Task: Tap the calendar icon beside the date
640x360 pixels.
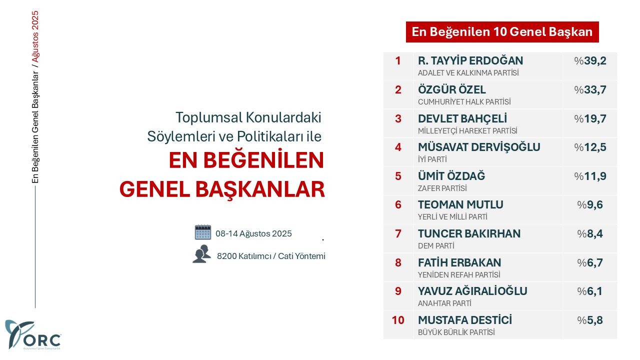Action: [203, 232]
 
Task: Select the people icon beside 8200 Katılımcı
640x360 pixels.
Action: [201, 254]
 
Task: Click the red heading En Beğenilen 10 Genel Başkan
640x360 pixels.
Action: [502, 31]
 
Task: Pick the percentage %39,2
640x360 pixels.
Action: [590, 61]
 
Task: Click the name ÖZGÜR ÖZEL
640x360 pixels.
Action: [451, 89]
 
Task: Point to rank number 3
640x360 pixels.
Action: [398, 118]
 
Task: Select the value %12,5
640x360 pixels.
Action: [590, 147]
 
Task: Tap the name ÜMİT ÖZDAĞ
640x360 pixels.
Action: [451, 176]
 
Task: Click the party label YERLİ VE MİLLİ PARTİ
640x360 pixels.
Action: [452, 217]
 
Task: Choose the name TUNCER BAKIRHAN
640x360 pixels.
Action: [469, 233]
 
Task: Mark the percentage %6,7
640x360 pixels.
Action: [590, 262]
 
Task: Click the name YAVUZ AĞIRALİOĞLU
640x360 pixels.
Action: [472, 291]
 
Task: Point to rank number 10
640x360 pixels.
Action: [398, 320]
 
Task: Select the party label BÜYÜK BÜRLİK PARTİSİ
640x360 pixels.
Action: [457, 332]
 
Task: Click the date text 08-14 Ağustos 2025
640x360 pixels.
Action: [253, 233]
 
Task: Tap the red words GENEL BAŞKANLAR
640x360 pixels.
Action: [222, 189]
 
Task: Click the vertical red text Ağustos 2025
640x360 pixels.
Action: [35, 36]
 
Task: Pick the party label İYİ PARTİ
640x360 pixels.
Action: [432, 159]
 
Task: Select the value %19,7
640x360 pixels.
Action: [590, 118]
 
